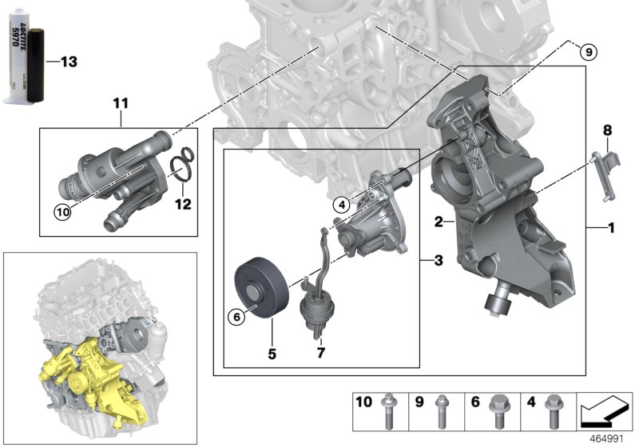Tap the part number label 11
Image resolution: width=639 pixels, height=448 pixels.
(x=120, y=103)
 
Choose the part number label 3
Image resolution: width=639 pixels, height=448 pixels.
(x=439, y=259)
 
